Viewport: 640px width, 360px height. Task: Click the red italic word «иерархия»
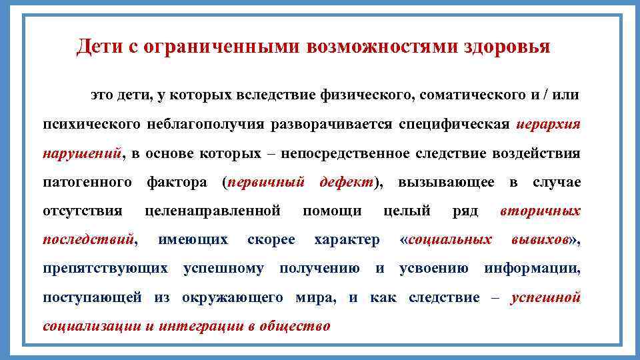(x=548, y=125)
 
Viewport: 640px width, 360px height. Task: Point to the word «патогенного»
(x=86, y=183)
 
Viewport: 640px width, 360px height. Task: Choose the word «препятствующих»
(x=105, y=269)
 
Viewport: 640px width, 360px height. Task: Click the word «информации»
(x=531, y=269)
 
